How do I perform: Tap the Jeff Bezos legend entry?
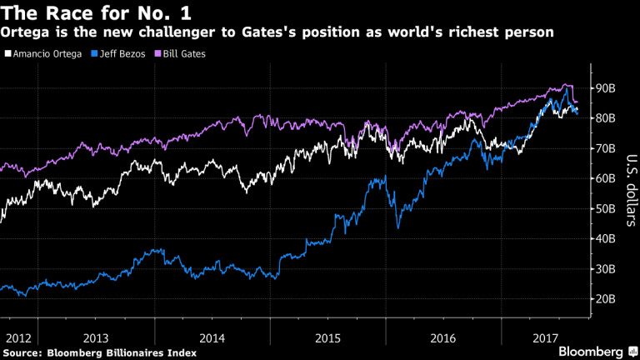[x=118, y=53]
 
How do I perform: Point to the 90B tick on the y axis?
[x=602, y=88]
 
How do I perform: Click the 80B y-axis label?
[x=602, y=118]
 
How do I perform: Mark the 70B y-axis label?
[x=602, y=148]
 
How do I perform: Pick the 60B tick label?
[x=602, y=178]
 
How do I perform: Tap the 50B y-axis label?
[x=602, y=208]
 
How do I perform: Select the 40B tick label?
[x=602, y=238]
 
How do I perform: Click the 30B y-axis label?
[x=602, y=268]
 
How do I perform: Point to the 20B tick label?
[x=602, y=298]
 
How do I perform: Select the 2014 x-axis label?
[x=212, y=338]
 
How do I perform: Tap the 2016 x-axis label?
[x=443, y=338]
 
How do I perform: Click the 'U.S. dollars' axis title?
[x=630, y=188]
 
